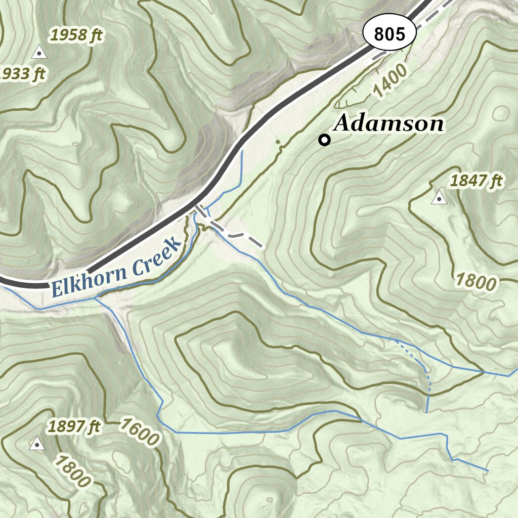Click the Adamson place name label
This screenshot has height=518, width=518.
388,123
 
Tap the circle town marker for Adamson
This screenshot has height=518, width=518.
324,140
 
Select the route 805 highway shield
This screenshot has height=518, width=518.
390,34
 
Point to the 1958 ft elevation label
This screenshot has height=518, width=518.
76,35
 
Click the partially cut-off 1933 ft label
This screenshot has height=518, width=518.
22,74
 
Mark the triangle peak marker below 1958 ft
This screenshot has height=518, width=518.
38,52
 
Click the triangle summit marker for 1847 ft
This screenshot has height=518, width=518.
439,198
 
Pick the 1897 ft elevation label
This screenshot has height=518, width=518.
74,426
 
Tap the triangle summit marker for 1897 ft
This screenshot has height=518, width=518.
36,445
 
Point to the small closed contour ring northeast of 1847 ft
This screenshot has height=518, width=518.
501,112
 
